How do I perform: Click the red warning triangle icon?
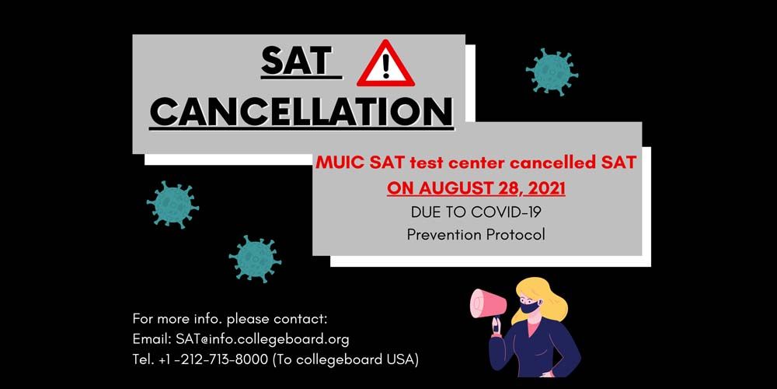(385, 66)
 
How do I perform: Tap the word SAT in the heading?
(296, 62)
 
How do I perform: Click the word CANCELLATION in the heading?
(301, 111)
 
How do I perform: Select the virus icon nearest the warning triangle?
(552, 72)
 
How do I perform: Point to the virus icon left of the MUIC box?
(172, 204)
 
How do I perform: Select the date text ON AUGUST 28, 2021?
(476, 187)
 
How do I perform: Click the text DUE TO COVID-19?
(476, 211)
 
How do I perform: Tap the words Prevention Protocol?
(476, 234)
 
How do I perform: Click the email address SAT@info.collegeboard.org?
(262, 338)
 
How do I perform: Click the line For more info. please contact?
(230, 318)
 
